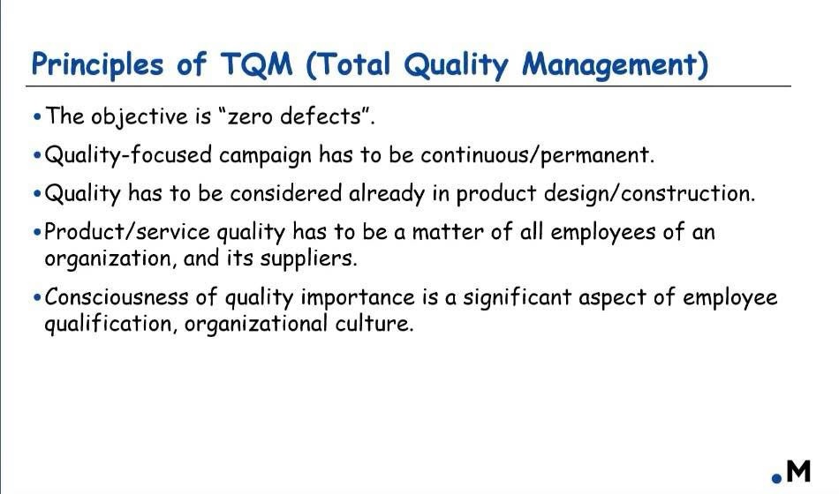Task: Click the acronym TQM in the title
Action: coord(256,64)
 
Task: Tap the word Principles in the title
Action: coord(97,65)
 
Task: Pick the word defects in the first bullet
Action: coord(321,116)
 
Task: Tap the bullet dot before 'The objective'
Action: coord(37,116)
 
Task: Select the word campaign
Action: coord(265,155)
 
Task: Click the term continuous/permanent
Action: coord(537,155)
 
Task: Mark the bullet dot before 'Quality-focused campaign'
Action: coord(37,155)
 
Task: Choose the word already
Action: coord(387,193)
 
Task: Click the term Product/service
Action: coord(127,232)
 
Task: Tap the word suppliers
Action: coord(308,259)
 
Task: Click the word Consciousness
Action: coord(117,297)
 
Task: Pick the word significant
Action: coord(518,298)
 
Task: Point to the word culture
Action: coord(374,324)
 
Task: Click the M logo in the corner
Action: coord(792,472)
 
